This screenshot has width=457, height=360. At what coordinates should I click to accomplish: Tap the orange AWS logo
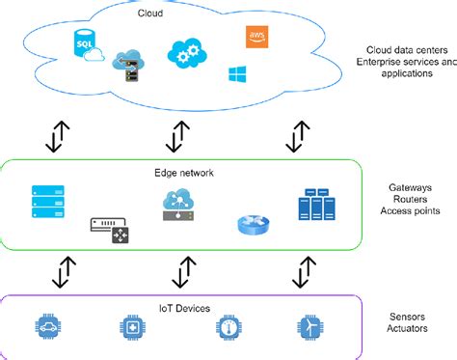click(257, 38)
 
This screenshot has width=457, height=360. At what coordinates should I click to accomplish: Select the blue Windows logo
click(237, 73)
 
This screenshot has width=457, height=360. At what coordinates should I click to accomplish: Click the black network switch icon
click(109, 230)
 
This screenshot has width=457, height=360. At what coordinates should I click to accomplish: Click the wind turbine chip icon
click(309, 328)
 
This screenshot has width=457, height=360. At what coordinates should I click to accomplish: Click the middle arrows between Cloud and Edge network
click(175, 136)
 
